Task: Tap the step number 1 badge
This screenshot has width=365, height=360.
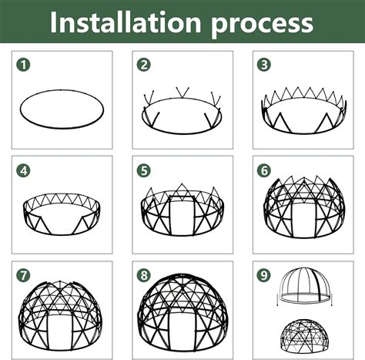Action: pos(24,65)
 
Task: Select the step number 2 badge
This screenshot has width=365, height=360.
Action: pos(143,65)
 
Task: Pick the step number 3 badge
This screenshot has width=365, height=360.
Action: pos(264,65)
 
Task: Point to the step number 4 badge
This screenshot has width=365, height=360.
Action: pos(24,170)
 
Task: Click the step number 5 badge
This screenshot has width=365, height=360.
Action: pos(143,170)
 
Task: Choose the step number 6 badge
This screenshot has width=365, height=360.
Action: pos(264,170)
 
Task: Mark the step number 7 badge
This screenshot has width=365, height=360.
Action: pos(24,275)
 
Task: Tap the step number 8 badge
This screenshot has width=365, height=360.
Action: pos(143,275)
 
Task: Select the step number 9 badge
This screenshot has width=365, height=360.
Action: pos(264,275)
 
